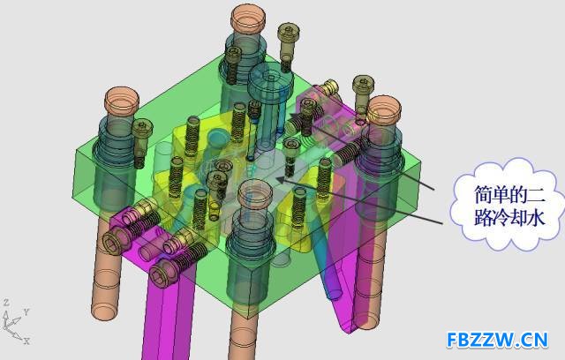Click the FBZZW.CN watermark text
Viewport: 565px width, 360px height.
497,340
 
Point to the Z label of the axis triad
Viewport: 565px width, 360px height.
6,303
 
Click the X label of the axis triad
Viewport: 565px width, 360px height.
26,341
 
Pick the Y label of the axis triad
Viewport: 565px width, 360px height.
26,311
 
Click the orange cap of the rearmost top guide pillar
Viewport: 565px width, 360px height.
248,18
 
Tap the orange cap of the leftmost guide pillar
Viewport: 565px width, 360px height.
122,99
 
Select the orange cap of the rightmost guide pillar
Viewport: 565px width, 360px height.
383,109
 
